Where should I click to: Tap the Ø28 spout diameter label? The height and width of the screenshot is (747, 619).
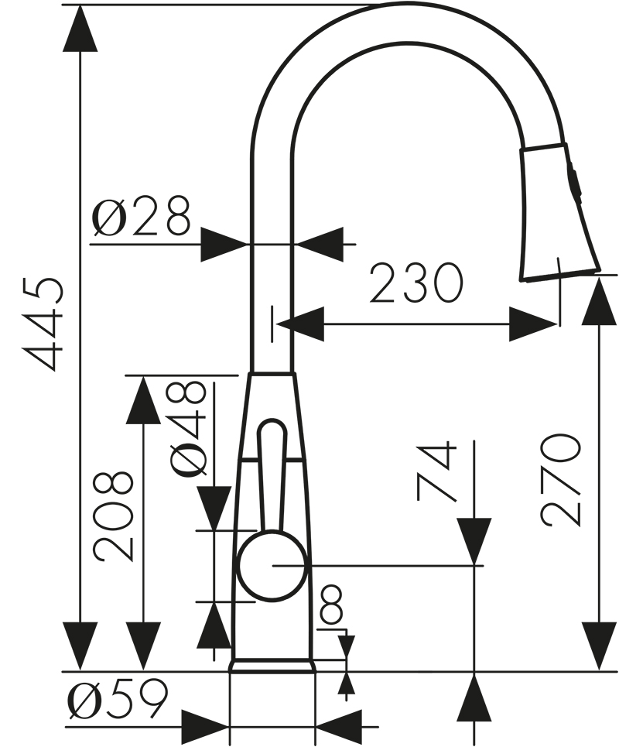(x=141, y=218)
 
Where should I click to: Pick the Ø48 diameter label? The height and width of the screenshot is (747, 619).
(x=188, y=428)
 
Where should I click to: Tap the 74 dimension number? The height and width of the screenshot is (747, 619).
(x=436, y=471)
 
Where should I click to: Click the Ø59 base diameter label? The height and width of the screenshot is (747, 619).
(x=117, y=701)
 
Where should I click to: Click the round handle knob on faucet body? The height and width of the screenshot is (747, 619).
(x=270, y=566)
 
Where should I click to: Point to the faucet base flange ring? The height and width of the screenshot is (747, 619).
(x=272, y=666)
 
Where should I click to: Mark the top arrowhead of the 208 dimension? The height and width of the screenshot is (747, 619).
(x=143, y=400)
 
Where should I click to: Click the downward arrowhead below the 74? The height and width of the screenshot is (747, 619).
(x=474, y=541)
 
